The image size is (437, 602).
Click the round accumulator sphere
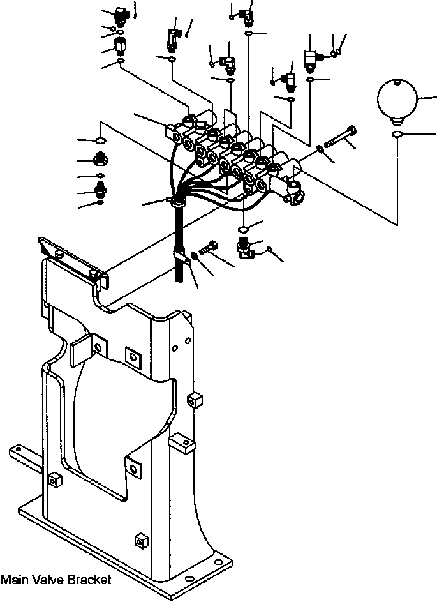(x=396, y=99)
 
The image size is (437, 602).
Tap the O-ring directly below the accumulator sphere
(x=397, y=135)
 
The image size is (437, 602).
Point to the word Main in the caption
(x=15, y=580)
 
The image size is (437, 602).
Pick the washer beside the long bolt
(x=320, y=149)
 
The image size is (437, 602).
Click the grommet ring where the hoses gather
(x=177, y=202)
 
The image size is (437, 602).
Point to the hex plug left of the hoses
(x=100, y=160)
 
